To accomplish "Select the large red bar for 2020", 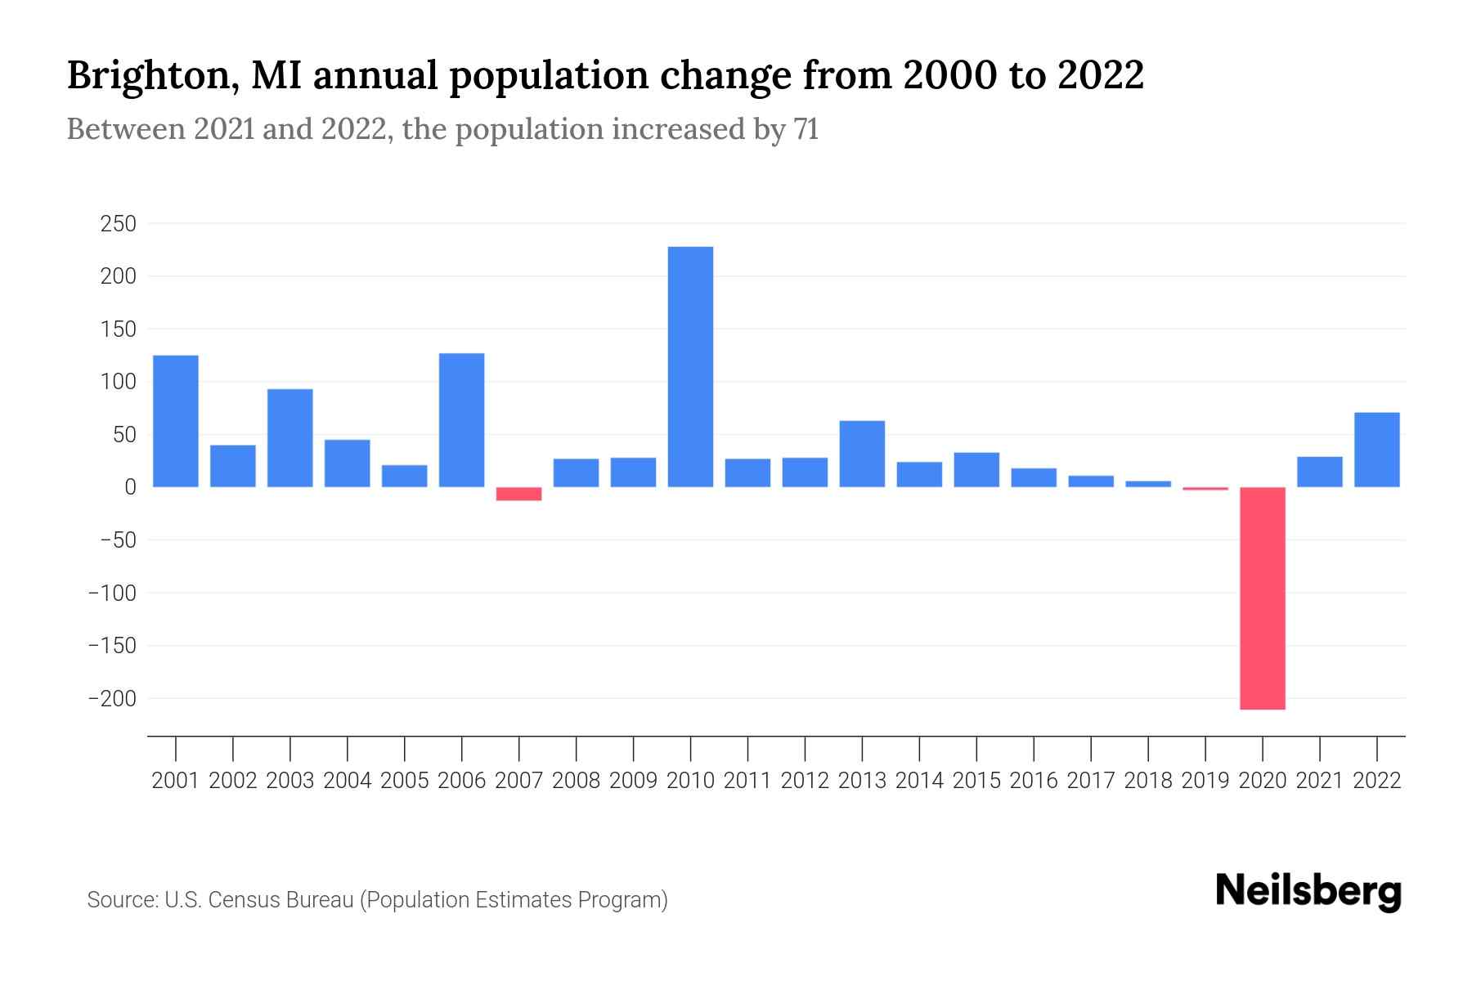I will point(1262,598).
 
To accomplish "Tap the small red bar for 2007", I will point(518,494).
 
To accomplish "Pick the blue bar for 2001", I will point(176,421).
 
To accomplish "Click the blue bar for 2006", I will point(461,420).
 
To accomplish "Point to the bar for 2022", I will point(1376,450).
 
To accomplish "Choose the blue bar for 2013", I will point(862,454).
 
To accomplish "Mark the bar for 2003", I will point(290,437).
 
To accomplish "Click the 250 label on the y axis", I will point(118,224).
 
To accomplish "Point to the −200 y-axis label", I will point(113,699).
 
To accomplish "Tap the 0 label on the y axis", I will point(130,487).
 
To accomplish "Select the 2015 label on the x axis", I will point(976,781).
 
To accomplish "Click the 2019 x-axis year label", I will point(1205,781).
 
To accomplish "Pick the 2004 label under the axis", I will point(348,781).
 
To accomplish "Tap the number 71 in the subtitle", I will point(806,129).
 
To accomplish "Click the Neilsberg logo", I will point(1308,891).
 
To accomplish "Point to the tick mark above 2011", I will point(747,747).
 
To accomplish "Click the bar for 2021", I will point(1319,472).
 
